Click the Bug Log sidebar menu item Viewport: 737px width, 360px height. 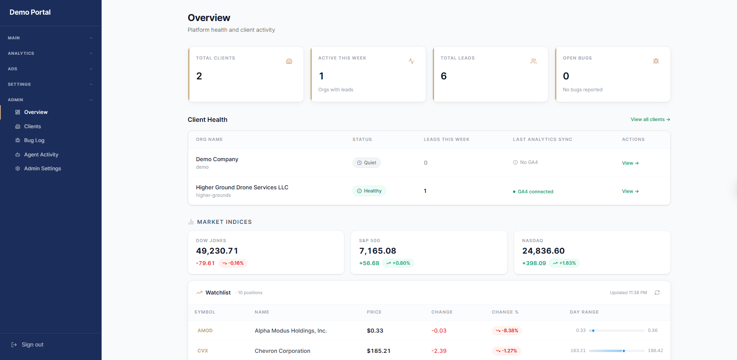34,141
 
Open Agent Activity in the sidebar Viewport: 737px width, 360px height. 41,155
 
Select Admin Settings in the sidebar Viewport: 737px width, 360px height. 42,169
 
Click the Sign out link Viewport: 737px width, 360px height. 32,345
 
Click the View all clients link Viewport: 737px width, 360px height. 650,119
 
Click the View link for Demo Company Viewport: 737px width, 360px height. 630,163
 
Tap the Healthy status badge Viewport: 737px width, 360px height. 369,191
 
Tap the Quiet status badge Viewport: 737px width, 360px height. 367,163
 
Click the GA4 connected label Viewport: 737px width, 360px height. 535,192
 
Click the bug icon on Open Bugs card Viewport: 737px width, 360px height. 656,61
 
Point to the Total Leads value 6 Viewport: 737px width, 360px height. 444,76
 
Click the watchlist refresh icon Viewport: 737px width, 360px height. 657,293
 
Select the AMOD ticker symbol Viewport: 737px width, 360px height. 205,331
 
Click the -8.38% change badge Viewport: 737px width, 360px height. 507,331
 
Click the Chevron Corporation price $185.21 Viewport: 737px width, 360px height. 378,351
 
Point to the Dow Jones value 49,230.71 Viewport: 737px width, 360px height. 217,251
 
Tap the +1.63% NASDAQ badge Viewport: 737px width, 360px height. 564,263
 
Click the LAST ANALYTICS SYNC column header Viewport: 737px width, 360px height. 542,139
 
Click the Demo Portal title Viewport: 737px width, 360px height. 30,12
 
